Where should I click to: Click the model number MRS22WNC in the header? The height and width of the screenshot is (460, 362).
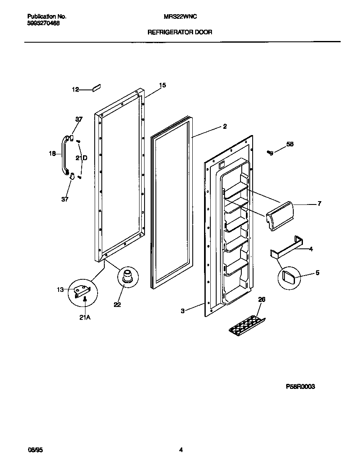pos(180,16)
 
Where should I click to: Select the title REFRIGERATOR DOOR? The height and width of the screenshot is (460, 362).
pos(180,32)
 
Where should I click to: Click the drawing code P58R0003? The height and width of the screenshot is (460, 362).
pos(300,387)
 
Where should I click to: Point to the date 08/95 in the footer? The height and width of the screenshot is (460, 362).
pos(35,450)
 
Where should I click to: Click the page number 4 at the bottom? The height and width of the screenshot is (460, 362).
pos(181,450)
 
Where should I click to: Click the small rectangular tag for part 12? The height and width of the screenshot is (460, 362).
pos(96,88)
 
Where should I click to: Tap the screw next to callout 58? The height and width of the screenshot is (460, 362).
pos(270,153)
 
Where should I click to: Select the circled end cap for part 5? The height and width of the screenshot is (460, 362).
pos(288,276)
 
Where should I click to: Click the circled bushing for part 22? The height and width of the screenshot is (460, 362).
pos(126,277)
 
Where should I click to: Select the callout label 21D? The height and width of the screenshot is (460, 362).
pos(81,158)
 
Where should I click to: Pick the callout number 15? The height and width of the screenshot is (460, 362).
pos(162,85)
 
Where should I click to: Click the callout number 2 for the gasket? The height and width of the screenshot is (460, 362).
pos(225,126)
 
